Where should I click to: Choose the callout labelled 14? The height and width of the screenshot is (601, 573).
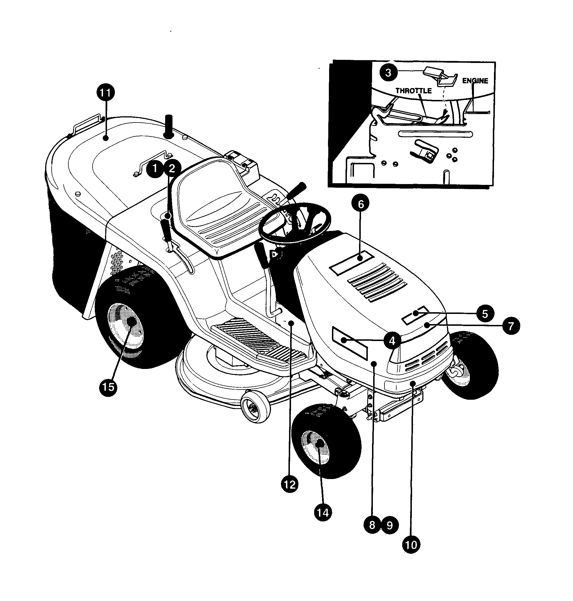tap(323, 512)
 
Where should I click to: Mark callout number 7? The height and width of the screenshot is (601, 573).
tap(510, 326)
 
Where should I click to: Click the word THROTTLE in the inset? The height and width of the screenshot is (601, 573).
tap(414, 91)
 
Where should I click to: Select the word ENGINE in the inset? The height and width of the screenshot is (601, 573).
tap(475, 81)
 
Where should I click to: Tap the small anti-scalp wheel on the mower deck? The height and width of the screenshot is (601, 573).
tap(255, 408)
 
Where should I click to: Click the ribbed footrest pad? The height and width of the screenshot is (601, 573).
tap(260, 339)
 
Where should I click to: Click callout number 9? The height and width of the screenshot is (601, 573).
tap(390, 525)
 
